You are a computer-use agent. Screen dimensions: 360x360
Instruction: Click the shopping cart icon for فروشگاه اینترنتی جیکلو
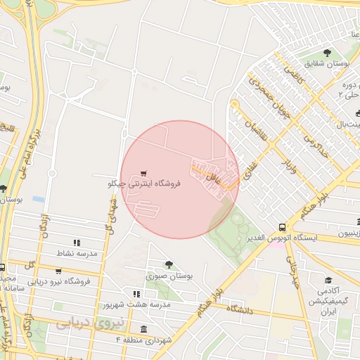pyautogui.click(x=143, y=172)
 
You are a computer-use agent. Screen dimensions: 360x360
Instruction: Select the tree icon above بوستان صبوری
pyautogui.click(x=169, y=264)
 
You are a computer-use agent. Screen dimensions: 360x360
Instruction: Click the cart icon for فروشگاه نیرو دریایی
pyautogui.click(x=58, y=271)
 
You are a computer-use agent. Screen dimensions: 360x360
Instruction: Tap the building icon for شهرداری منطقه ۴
pyautogui.click(x=143, y=330)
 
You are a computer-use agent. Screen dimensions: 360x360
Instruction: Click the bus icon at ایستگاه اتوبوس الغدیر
pyautogui.click(x=282, y=227)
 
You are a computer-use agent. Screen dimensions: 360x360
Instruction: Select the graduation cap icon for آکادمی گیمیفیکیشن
pyautogui.click(x=327, y=280)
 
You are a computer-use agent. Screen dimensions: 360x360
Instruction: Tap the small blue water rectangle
pyautogui.click(x=38, y=199)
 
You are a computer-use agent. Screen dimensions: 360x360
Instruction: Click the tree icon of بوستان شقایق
pyautogui.click(x=327, y=53)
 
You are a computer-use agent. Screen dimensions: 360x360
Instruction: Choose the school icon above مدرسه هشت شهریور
pyautogui.click(x=136, y=293)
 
